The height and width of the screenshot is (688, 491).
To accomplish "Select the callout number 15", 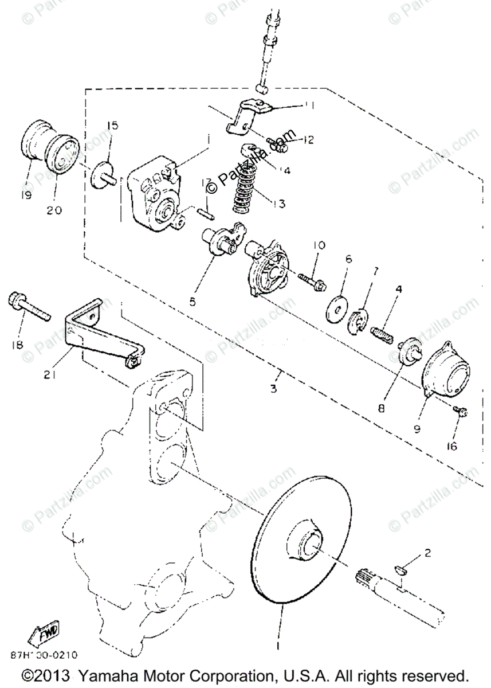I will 112,126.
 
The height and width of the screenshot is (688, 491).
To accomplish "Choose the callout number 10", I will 319,245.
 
